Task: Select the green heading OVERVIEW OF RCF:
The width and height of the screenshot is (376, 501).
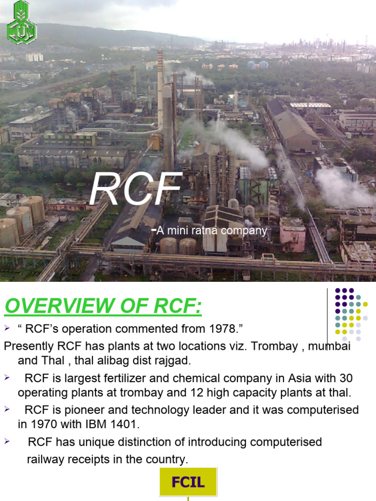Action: pyautogui.click(x=103, y=307)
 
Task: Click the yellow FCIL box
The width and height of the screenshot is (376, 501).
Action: pyautogui.click(x=188, y=482)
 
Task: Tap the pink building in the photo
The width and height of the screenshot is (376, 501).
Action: pyautogui.click(x=292, y=234)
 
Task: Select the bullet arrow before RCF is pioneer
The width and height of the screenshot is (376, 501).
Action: pyautogui.click(x=7, y=409)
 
